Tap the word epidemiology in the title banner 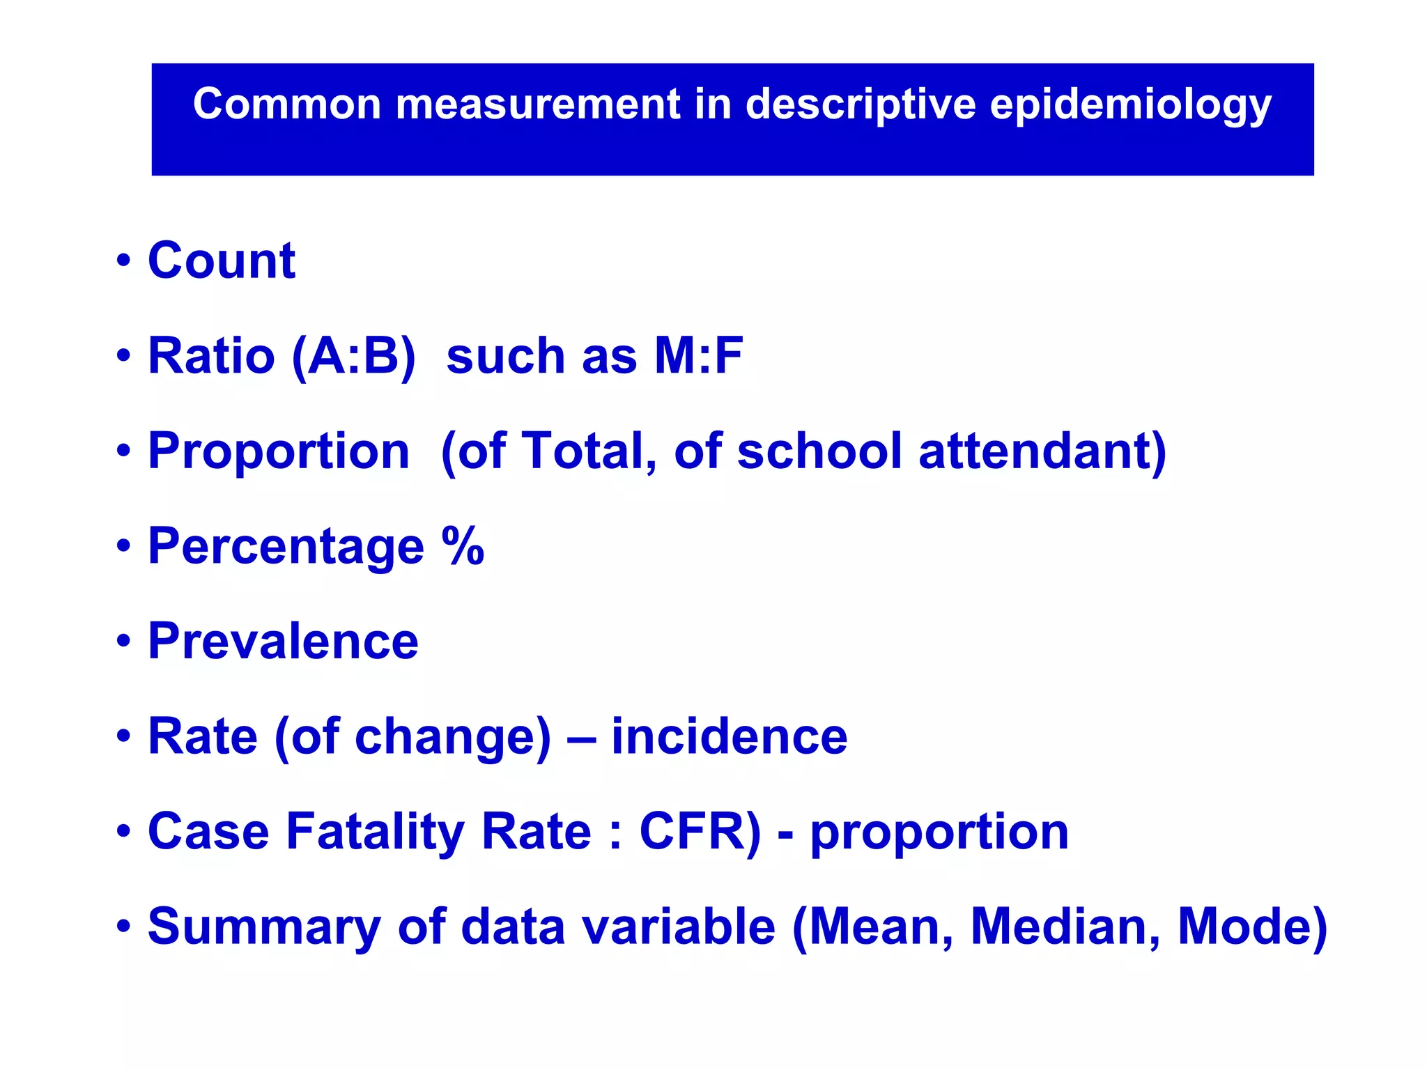(1130, 105)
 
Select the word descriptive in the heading (861, 105)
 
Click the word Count (222, 261)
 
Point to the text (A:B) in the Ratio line (353, 357)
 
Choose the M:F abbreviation (698, 355)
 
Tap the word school (819, 451)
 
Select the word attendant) (1042, 452)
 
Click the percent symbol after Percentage (463, 545)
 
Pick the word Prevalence (283, 641)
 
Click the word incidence (729, 736)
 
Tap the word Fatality (376, 832)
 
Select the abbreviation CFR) (700, 832)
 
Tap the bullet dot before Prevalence (124, 641)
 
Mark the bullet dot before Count (124, 261)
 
